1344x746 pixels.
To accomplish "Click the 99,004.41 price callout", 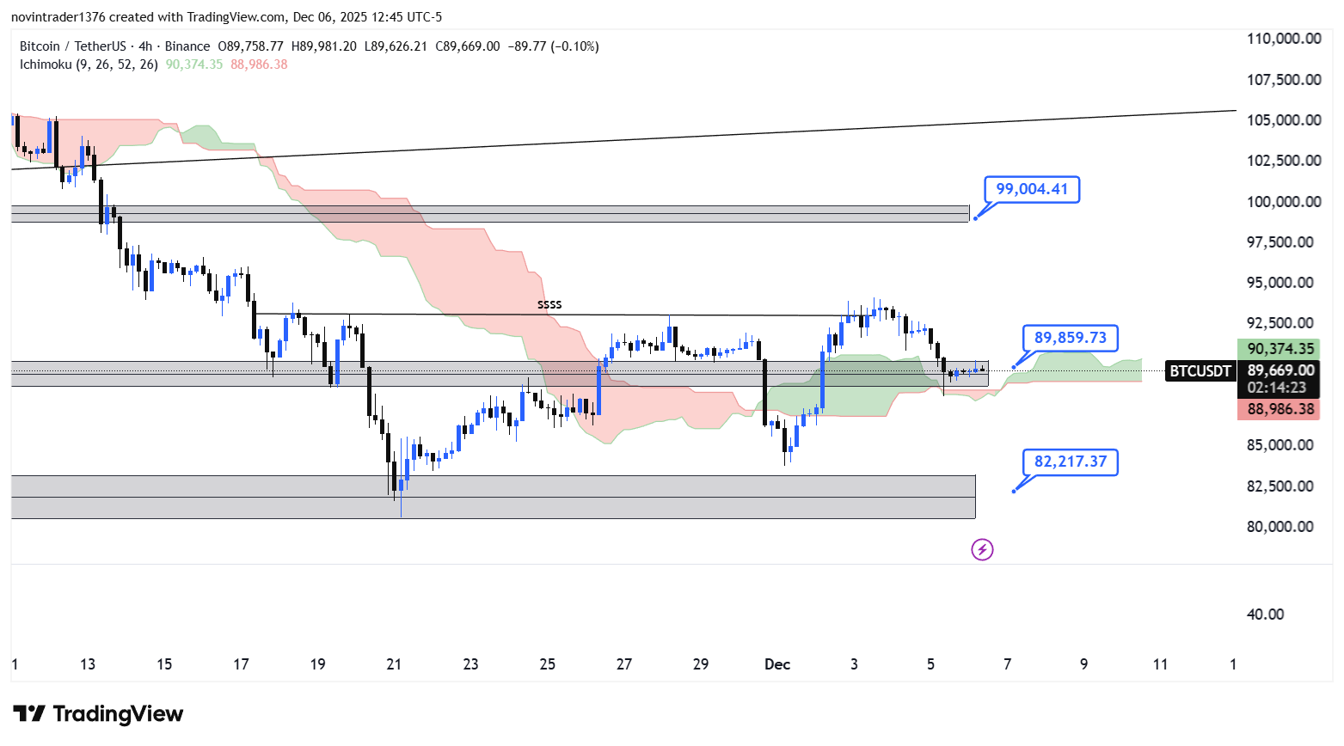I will (1031, 189).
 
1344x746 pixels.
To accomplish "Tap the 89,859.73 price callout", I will (1070, 338).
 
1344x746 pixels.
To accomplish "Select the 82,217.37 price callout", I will (1070, 462).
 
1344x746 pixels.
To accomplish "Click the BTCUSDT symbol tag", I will (1200, 371).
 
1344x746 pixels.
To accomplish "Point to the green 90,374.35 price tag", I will (1280, 349).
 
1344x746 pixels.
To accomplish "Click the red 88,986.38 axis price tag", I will (1280, 409).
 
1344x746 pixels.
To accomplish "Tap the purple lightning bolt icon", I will (982, 549).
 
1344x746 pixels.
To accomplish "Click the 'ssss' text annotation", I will (549, 304).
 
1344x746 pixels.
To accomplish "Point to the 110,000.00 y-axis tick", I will (1284, 39).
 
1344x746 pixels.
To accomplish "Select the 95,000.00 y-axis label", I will (1280, 283).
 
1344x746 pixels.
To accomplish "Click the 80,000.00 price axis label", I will (1280, 527).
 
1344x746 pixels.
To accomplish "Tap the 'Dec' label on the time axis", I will (777, 664).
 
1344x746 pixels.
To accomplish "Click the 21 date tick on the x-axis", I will (394, 664).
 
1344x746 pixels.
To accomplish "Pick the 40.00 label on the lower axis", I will (1265, 615).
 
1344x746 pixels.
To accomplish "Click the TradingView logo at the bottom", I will (98, 714).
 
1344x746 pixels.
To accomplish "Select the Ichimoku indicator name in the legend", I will (46, 64).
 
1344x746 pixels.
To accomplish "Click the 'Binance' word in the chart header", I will (187, 46).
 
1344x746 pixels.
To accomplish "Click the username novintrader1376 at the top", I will (58, 17).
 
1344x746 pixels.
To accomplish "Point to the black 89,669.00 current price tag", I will (1280, 370).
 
